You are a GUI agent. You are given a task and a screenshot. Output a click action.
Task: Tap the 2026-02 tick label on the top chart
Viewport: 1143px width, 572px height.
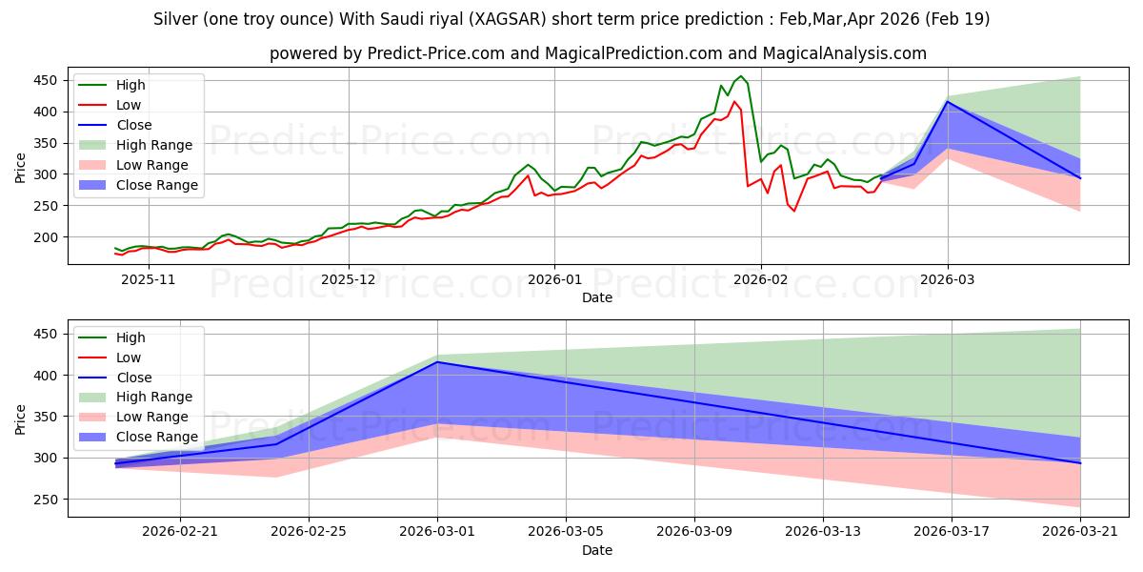coord(761,279)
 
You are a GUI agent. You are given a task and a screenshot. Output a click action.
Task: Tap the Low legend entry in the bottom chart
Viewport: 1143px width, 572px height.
coord(129,357)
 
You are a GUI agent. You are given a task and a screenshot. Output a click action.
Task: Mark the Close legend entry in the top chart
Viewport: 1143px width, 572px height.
coord(133,125)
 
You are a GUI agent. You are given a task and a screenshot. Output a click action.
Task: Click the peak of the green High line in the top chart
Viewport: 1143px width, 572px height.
coord(741,76)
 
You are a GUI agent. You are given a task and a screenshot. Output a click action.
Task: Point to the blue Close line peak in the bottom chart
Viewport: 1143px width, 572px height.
coord(438,362)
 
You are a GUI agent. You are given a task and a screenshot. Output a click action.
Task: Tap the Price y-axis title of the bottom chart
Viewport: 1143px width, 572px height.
coord(21,419)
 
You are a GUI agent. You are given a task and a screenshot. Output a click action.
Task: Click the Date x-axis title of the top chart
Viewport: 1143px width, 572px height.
coord(597,297)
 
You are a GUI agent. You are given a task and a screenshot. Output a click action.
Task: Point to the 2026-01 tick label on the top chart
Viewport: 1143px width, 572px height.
coord(554,279)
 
